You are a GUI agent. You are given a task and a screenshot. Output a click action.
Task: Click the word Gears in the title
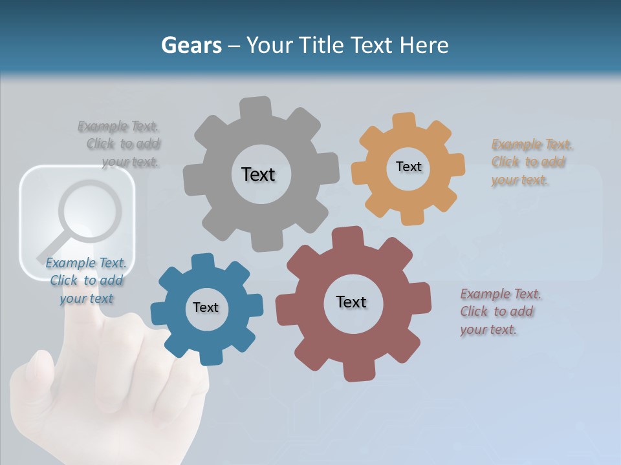(191, 45)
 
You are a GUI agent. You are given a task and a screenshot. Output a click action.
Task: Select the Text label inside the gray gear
(258, 174)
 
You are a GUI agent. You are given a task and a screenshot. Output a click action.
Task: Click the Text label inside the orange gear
(408, 167)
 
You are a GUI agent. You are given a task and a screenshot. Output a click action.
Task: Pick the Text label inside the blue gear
(206, 307)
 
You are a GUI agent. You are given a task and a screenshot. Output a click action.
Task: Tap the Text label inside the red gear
(351, 302)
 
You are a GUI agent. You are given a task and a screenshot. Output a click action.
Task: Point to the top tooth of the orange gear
(404, 121)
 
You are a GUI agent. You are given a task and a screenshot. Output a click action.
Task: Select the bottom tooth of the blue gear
(209, 356)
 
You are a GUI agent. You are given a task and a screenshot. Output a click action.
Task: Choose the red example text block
(500, 312)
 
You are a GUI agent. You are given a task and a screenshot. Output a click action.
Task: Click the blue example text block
(86, 280)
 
